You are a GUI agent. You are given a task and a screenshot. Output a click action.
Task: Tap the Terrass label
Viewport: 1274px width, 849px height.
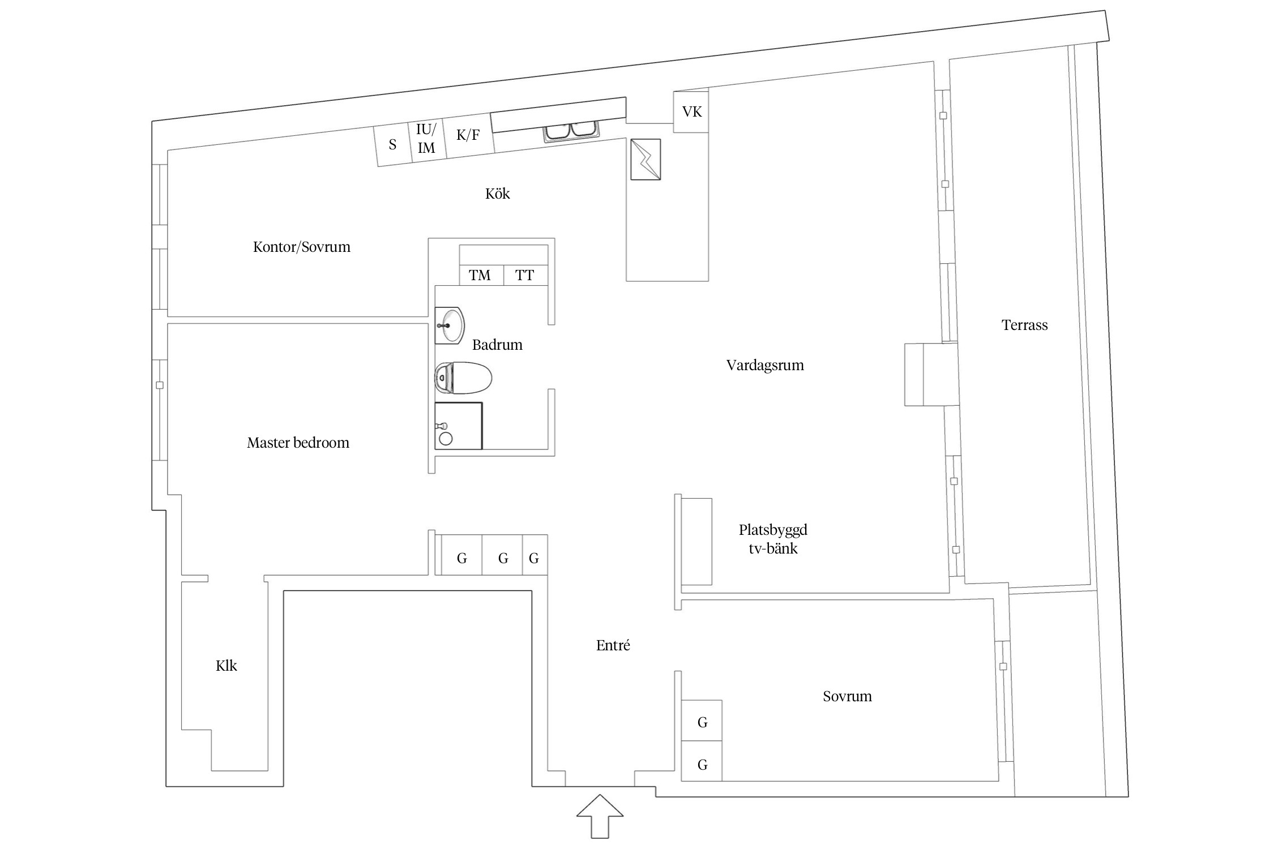(x=1024, y=325)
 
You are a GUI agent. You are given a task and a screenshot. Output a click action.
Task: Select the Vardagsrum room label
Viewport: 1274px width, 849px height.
(x=765, y=365)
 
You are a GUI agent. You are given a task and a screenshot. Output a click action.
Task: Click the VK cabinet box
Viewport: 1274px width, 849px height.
(x=691, y=112)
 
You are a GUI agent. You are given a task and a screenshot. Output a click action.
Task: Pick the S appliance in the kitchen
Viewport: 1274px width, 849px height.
(x=392, y=145)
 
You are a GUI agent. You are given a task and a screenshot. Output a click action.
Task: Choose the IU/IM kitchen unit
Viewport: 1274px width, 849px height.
(x=426, y=139)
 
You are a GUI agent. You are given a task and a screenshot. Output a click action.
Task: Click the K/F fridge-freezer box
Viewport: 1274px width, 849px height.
(x=468, y=135)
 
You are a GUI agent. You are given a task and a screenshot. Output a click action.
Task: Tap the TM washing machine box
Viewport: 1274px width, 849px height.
(x=480, y=275)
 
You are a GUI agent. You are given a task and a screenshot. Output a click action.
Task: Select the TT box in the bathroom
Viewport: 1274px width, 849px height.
(x=525, y=275)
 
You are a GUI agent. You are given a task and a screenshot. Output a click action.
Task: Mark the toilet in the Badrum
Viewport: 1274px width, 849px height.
(x=463, y=378)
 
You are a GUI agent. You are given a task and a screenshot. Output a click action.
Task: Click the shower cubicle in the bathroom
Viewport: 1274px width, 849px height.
(x=458, y=426)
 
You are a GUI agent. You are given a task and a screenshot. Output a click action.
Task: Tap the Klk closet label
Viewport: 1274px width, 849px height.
(x=226, y=666)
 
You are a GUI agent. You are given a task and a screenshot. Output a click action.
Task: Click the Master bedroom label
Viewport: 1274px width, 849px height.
(x=298, y=443)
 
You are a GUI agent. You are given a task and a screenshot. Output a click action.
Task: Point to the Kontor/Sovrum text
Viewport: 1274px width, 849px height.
(x=302, y=247)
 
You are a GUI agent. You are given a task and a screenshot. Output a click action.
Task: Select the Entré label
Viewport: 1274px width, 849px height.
(x=613, y=645)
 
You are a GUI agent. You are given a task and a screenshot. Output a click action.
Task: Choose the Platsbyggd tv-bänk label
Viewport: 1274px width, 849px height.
(x=773, y=539)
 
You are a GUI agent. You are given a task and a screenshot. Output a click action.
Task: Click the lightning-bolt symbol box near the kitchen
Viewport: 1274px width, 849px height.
(x=645, y=160)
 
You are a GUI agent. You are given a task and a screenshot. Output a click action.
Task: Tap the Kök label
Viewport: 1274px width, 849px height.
(x=498, y=194)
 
